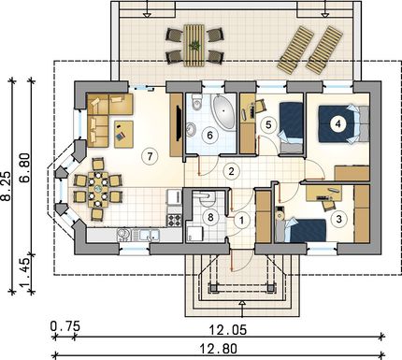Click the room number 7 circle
(x=150, y=156)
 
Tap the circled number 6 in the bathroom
(x=209, y=136)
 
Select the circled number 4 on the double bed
(x=337, y=123)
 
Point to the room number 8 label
(x=210, y=217)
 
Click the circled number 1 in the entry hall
(x=241, y=221)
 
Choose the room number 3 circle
(x=339, y=219)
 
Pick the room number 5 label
(x=268, y=124)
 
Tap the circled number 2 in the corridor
(x=231, y=171)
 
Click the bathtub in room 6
(x=223, y=112)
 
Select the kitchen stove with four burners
(x=175, y=220)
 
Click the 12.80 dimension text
(x=223, y=349)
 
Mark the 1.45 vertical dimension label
(x=25, y=271)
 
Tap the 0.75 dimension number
(x=65, y=326)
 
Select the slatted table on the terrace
(x=194, y=46)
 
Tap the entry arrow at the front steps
(x=243, y=309)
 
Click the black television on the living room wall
(x=179, y=123)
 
